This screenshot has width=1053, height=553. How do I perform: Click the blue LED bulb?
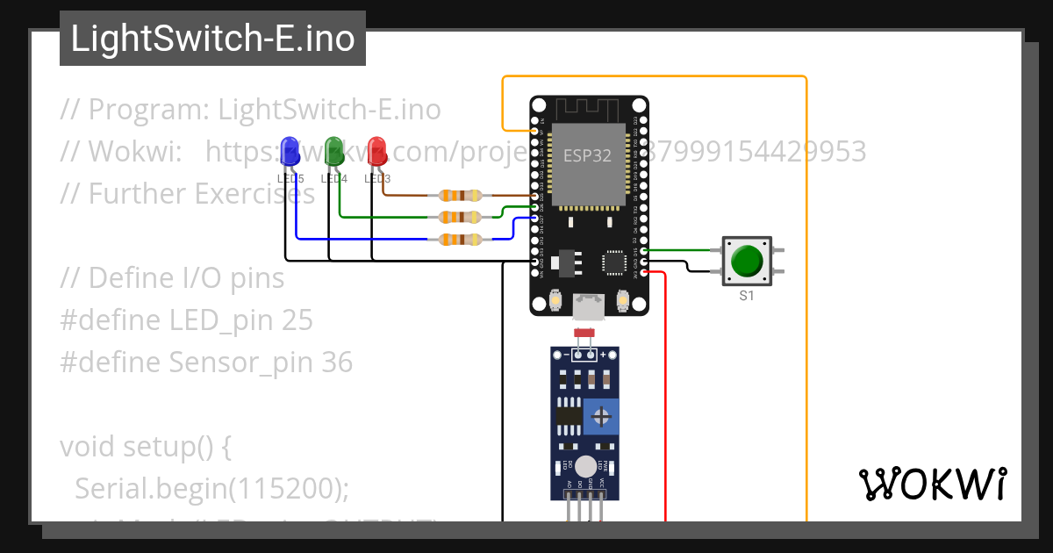pyautogui.click(x=290, y=151)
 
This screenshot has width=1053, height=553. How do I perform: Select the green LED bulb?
pyautogui.click(x=333, y=150)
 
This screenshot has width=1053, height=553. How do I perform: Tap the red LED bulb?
pyautogui.click(x=376, y=150)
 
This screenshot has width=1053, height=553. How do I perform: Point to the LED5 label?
pyautogui.click(x=290, y=179)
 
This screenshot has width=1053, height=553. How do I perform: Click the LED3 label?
pyautogui.click(x=376, y=179)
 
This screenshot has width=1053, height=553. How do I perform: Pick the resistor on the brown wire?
pyautogui.click(x=461, y=196)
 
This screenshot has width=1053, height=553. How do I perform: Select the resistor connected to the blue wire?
pyautogui.click(x=461, y=239)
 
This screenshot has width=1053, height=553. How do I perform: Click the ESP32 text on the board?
pyautogui.click(x=587, y=156)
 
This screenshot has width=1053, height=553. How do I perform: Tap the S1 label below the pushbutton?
pyautogui.click(x=746, y=296)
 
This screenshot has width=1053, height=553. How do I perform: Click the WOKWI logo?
pyautogui.click(x=932, y=484)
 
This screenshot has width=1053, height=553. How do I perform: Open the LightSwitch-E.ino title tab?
pyautogui.click(x=212, y=39)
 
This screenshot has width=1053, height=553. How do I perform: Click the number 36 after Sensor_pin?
pyautogui.click(x=337, y=363)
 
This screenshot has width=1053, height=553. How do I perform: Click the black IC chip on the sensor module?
pyautogui.click(x=569, y=418)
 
